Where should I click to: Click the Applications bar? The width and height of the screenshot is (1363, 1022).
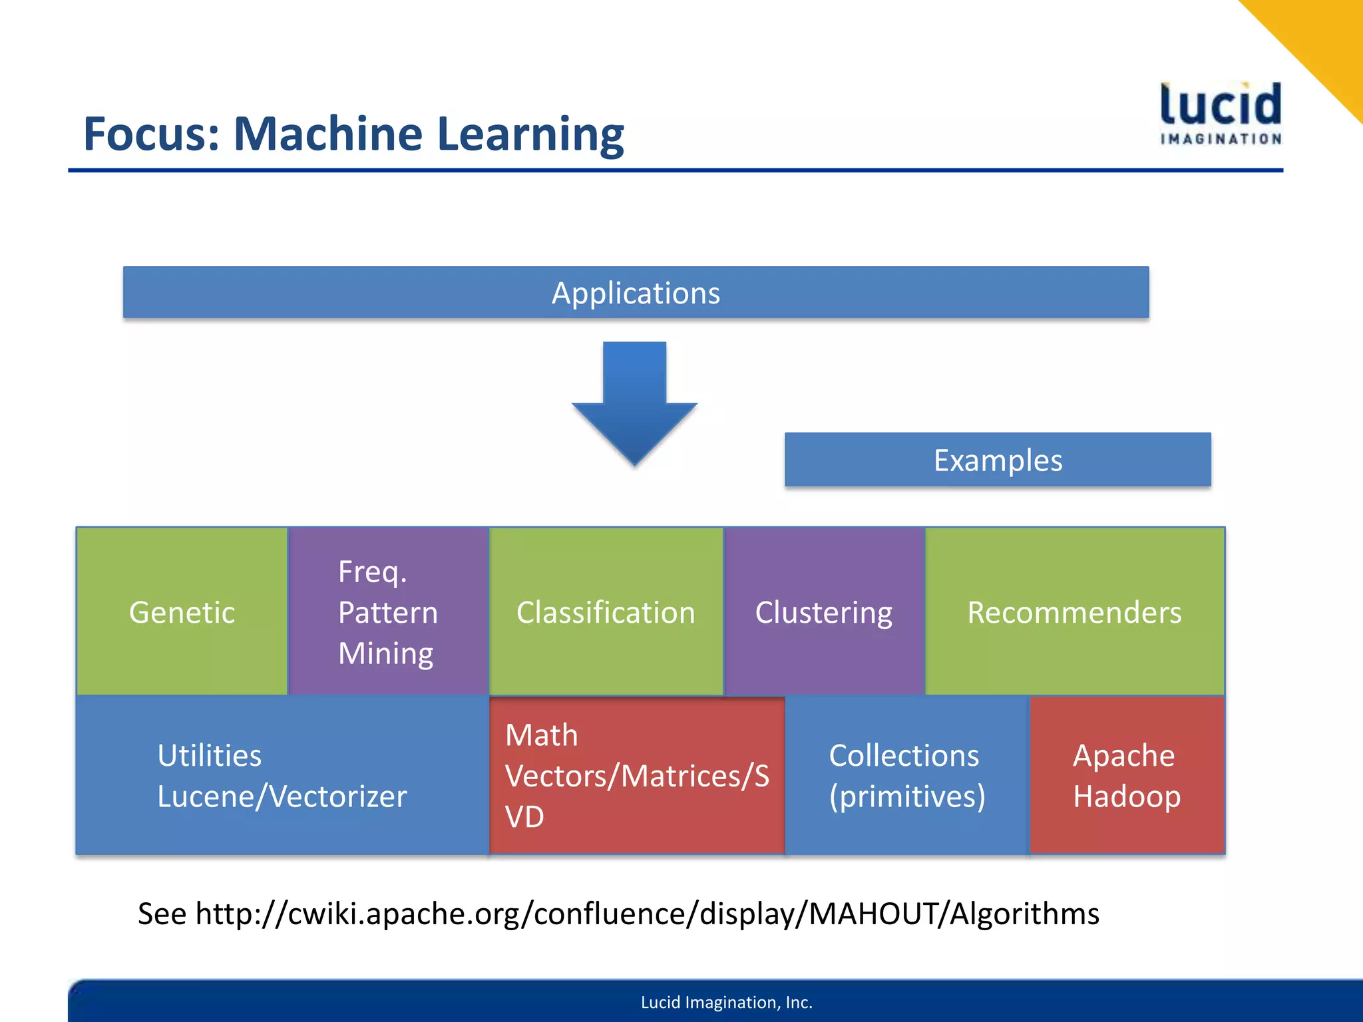[x=636, y=293]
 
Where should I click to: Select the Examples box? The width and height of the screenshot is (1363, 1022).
[x=997, y=460]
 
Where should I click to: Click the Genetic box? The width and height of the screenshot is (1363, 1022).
[x=182, y=611]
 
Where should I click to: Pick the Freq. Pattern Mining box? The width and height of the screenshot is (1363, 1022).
[x=388, y=611]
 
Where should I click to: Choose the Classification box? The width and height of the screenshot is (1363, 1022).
[x=606, y=611]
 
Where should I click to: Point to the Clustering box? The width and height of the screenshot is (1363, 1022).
[x=823, y=611]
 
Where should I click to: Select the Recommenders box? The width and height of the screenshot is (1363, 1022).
[x=1074, y=611]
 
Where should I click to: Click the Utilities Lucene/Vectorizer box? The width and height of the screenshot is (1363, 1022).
[x=282, y=775]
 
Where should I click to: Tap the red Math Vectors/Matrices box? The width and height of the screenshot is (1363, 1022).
[x=636, y=775]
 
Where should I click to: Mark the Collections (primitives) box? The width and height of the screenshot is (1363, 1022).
[x=906, y=775]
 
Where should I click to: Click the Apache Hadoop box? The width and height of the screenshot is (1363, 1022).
[x=1126, y=775]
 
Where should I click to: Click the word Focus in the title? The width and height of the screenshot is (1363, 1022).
[x=151, y=134]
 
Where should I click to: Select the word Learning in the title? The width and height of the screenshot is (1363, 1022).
[x=530, y=134]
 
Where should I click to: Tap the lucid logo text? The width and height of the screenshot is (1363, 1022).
[x=1221, y=104]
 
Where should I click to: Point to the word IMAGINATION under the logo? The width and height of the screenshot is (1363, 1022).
[x=1221, y=139]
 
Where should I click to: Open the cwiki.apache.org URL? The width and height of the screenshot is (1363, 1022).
[x=646, y=914]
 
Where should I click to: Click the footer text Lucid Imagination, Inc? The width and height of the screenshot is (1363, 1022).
[x=726, y=1002]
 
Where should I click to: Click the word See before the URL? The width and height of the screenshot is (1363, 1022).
[x=162, y=914]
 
